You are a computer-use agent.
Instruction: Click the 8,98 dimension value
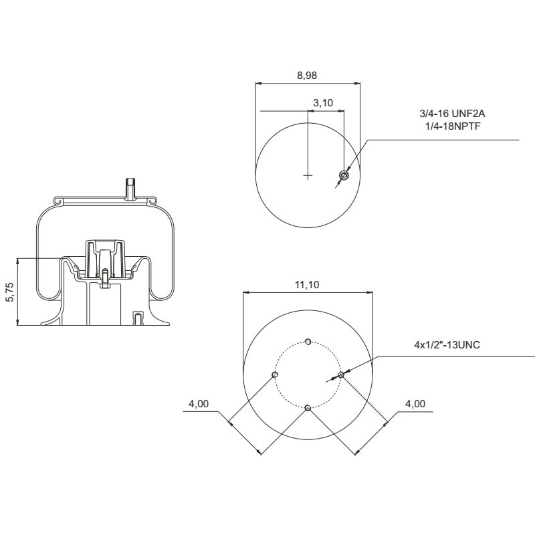[x=307, y=75]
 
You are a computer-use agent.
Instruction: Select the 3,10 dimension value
[x=324, y=102]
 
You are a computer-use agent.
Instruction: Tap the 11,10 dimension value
[x=307, y=284]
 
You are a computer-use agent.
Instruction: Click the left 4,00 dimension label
[x=199, y=404]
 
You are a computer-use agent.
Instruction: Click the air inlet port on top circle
[x=344, y=175]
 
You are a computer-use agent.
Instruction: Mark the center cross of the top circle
[x=308, y=176]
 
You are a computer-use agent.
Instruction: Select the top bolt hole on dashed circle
[x=308, y=342]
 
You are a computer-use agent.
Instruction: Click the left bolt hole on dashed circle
[x=275, y=375]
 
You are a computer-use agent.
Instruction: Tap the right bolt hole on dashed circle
[x=340, y=375]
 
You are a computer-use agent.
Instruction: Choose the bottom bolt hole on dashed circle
[x=308, y=408]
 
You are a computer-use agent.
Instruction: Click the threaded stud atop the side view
[x=131, y=188]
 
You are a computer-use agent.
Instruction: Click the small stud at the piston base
[x=137, y=318]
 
